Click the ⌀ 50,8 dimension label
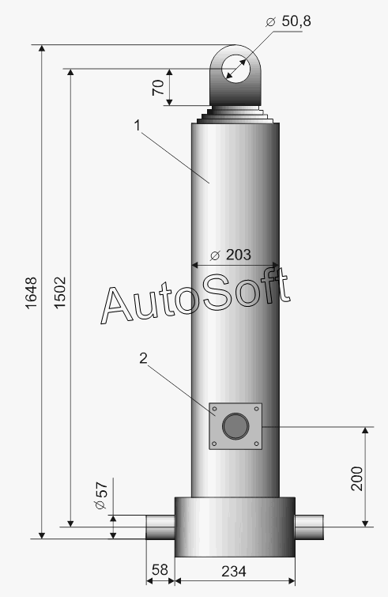coord(288,21)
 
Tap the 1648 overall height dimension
coord(31,293)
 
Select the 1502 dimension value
coord(60,293)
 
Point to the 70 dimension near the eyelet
coord(158,87)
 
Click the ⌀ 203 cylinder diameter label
coord(231,255)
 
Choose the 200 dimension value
coord(357,478)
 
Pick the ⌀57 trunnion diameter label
coord(101,495)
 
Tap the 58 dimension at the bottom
coord(160,569)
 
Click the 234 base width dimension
coord(234,571)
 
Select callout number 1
coord(137,125)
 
